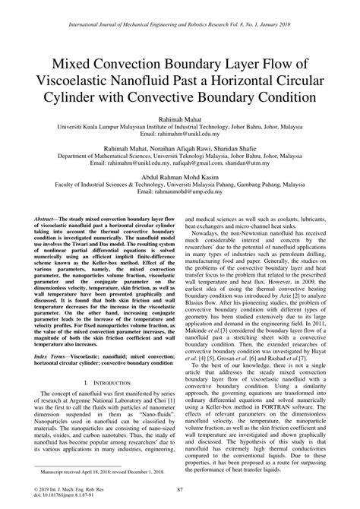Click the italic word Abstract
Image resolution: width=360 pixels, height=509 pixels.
(x=47, y=217)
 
